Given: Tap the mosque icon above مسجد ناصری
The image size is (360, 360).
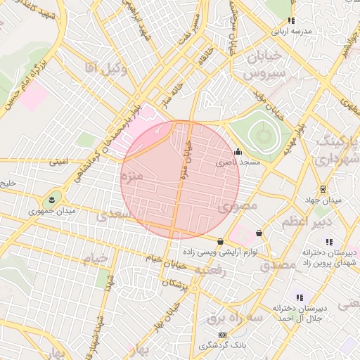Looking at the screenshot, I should (238, 151).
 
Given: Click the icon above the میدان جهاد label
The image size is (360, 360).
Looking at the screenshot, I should (323, 189).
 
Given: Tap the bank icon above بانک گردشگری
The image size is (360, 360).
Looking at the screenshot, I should (222, 335).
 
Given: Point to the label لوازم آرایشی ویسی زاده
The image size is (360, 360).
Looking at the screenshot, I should (220, 252).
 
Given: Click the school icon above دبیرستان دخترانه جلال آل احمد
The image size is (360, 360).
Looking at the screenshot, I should (300, 297).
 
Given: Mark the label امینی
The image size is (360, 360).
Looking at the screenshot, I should (59, 162).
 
